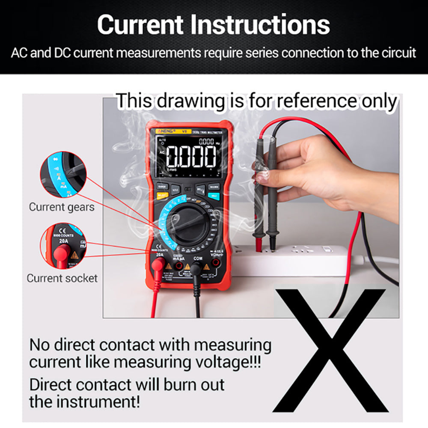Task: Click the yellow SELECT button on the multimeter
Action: click(162, 195)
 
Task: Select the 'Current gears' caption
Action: click(62, 207)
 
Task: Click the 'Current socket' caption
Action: click(62, 278)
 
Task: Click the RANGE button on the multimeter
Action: click(162, 187)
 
